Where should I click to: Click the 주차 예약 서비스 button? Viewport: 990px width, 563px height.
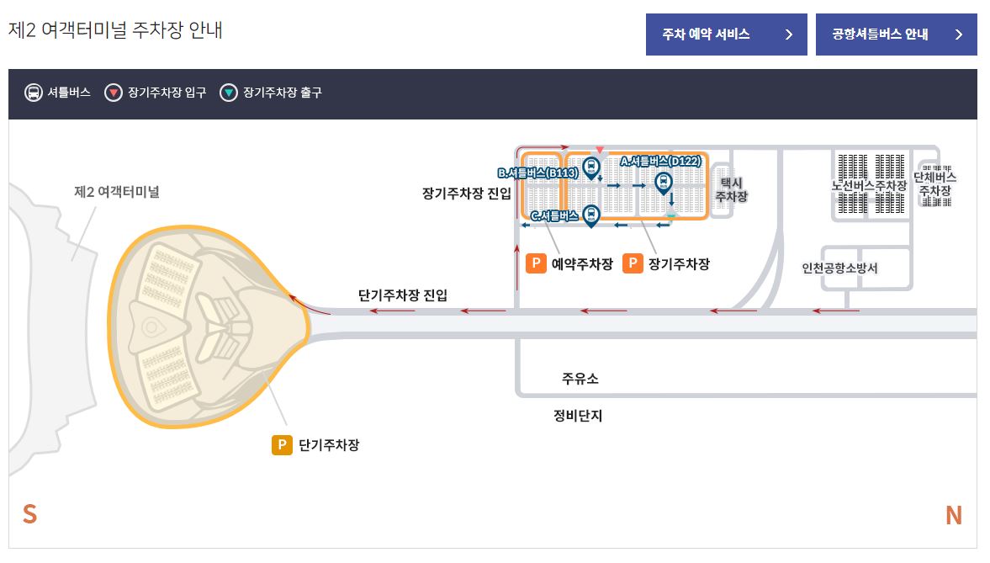click(x=726, y=35)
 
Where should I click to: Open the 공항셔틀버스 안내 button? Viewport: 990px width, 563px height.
click(x=896, y=35)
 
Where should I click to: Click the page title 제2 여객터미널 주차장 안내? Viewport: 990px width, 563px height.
click(x=115, y=30)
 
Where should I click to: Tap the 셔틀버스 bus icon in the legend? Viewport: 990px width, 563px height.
click(x=33, y=93)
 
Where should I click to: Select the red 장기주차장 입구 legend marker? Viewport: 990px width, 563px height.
click(x=113, y=93)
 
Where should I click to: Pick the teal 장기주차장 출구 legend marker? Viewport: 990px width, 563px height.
click(x=228, y=93)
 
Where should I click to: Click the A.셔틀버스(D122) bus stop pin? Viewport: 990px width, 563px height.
click(x=663, y=181)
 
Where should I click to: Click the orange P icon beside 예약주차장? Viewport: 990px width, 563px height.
click(x=536, y=263)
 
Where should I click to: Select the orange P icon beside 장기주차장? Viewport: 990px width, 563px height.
click(x=633, y=263)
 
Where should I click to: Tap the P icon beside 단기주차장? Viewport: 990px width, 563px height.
click(x=282, y=444)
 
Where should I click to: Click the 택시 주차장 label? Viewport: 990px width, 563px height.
click(x=730, y=189)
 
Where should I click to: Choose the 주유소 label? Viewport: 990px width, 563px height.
click(x=580, y=379)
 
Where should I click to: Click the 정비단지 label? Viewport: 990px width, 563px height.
click(x=577, y=416)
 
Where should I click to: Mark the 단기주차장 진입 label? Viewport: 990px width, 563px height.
click(x=403, y=295)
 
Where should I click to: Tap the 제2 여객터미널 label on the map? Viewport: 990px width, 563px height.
click(x=116, y=192)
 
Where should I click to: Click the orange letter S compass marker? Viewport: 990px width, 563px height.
click(x=29, y=514)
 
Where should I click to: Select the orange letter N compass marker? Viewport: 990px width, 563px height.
click(x=953, y=515)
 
